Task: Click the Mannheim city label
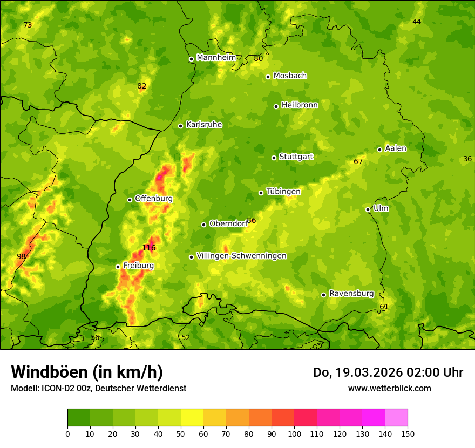pos(216,58)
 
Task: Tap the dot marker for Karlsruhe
pos(181,126)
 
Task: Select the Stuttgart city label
pos(296,157)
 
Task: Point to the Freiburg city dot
pos(118,267)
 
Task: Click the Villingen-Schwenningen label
pos(241,256)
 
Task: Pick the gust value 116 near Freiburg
pos(149,248)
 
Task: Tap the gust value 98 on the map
pos(21,256)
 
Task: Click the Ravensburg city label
pos(351,294)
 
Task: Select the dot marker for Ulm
pos(368,209)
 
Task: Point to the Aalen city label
pos(396,148)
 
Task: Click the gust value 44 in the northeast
pos(417,22)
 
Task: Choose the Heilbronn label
pos(300,105)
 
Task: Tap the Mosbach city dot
pos(268,77)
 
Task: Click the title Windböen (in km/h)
pos(87,372)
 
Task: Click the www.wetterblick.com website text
pos(389,388)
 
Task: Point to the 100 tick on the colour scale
pos(294,433)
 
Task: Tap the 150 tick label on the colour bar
pos(408,433)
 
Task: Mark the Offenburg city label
pos(154,199)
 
